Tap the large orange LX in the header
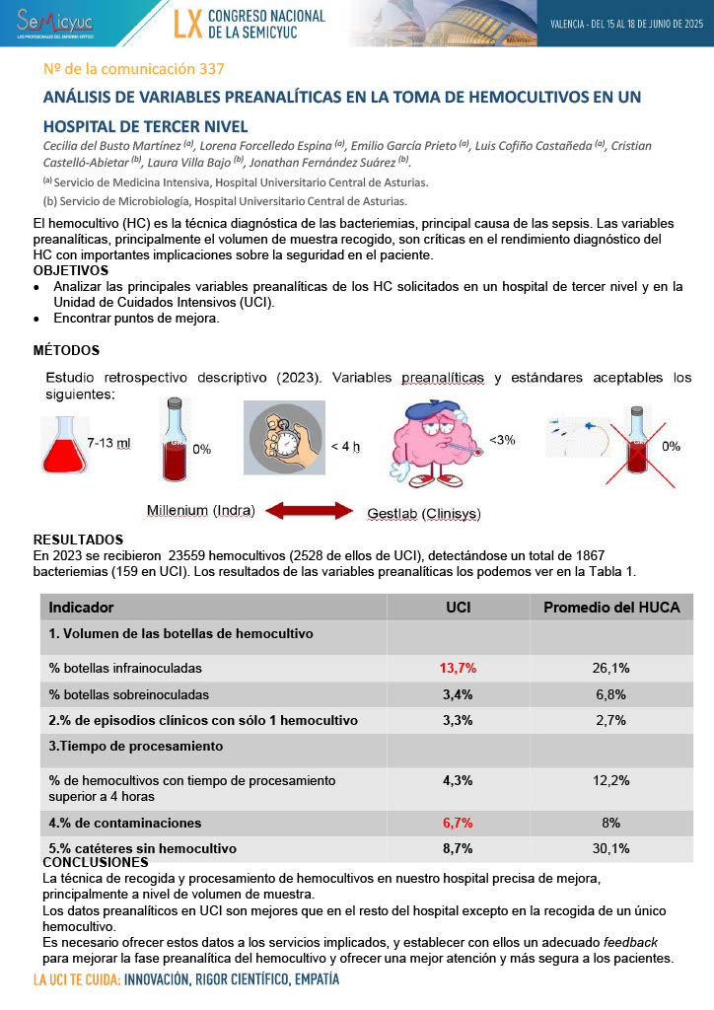coord(187,25)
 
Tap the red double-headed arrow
coord(311,510)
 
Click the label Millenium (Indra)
coord(200,510)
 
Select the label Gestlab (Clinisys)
coord(424,514)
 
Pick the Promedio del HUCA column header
coord(611,608)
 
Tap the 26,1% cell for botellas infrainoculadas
coord(610,668)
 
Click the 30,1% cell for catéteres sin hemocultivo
coord(610,848)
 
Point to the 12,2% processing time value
coord(610,780)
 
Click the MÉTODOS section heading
coord(66,350)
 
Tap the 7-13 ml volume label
coord(108,443)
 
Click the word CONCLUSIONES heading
coord(94,862)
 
